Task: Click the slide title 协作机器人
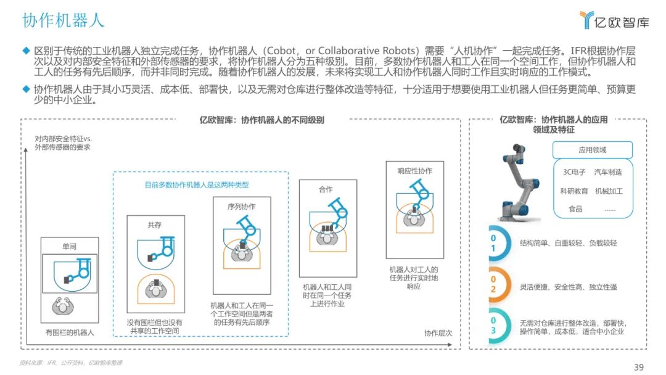pyautogui.click(x=64, y=20)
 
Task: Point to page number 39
pyautogui.click(x=639, y=367)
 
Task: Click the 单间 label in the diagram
pyautogui.click(x=69, y=246)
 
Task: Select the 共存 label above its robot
pyautogui.click(x=154, y=225)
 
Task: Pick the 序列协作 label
pyautogui.click(x=241, y=206)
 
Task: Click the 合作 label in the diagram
pyautogui.click(x=326, y=189)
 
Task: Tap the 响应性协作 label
pyautogui.click(x=414, y=171)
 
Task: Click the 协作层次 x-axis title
pyautogui.click(x=438, y=333)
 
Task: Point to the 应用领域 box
pyautogui.click(x=592, y=150)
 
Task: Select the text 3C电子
pyautogui.click(x=574, y=172)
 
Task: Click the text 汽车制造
pyautogui.click(x=608, y=172)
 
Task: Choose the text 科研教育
pyautogui.click(x=574, y=191)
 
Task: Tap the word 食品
pyautogui.click(x=575, y=209)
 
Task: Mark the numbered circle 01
pyautogui.click(x=493, y=243)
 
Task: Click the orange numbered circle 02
pyautogui.click(x=493, y=286)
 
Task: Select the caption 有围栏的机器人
pyautogui.click(x=70, y=332)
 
